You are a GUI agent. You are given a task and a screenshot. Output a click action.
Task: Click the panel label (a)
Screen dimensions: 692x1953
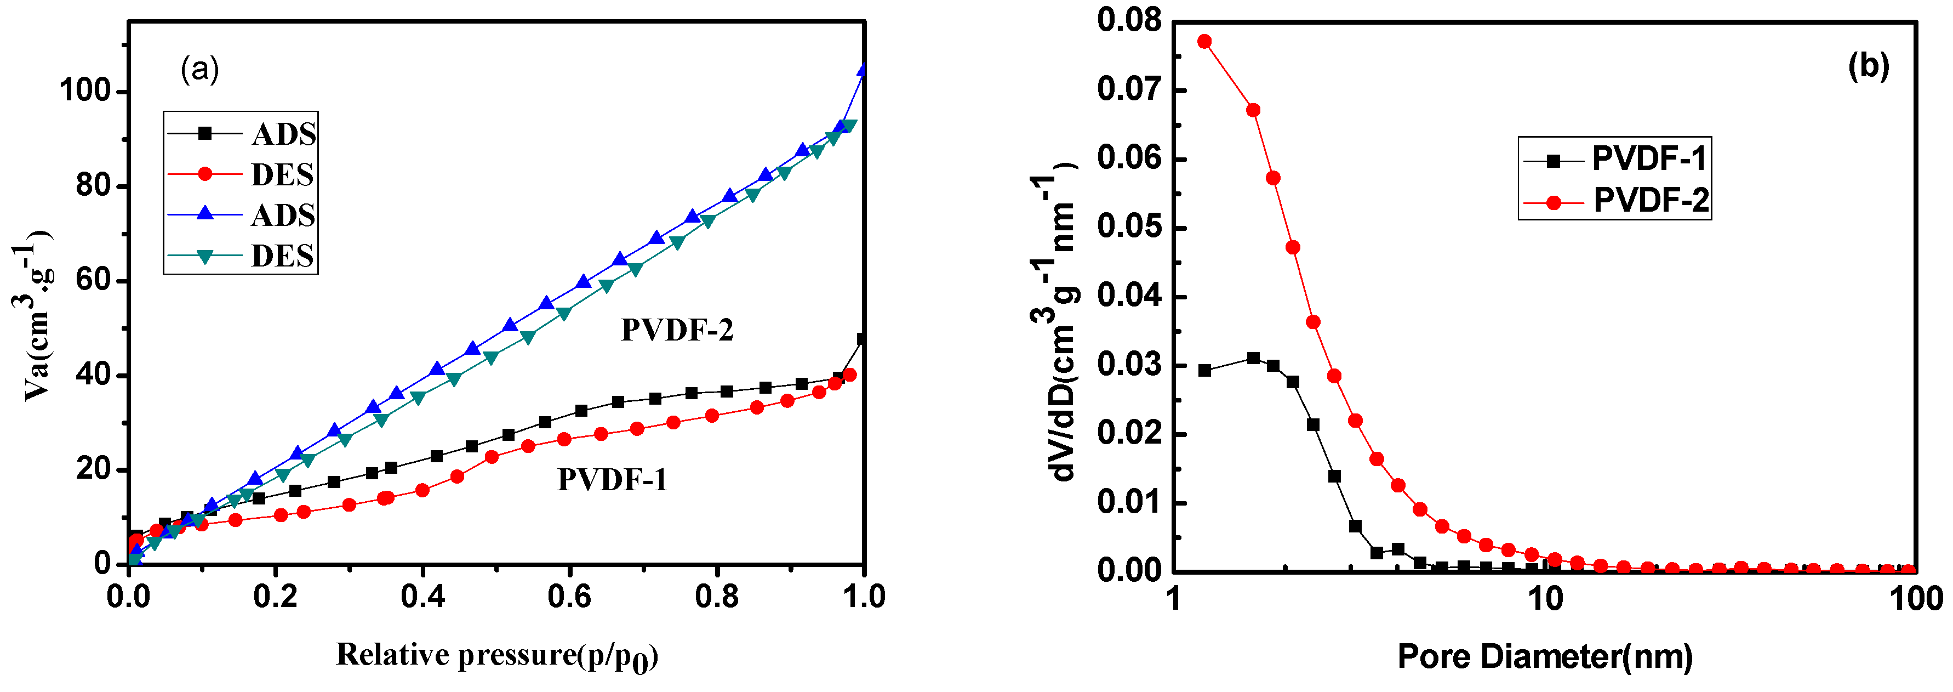click(x=199, y=70)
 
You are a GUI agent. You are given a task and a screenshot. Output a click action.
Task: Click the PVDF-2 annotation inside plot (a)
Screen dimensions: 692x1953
click(x=677, y=330)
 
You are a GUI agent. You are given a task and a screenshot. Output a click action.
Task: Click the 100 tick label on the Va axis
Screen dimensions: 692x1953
click(x=85, y=92)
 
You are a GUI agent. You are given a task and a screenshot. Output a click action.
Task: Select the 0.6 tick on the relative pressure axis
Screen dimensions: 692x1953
click(x=569, y=597)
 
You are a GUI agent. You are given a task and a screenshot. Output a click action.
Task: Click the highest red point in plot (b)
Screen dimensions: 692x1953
click(x=1204, y=42)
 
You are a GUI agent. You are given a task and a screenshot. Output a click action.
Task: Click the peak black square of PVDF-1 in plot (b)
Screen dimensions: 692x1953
click(x=1253, y=358)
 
